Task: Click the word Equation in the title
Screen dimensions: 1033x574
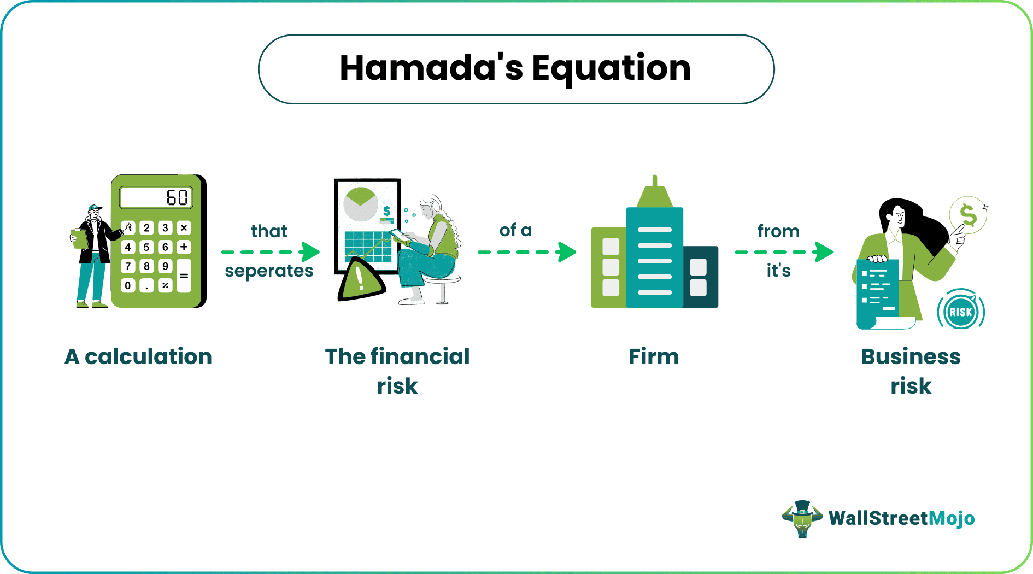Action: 611,68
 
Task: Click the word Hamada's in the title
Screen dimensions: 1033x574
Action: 431,68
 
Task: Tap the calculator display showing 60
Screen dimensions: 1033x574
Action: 156,197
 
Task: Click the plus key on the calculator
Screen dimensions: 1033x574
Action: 184,247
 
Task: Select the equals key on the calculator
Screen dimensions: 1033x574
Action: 184,276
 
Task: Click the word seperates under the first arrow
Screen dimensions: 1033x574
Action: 269,271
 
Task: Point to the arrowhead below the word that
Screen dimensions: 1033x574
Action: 310,252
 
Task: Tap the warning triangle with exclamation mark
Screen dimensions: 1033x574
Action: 360,280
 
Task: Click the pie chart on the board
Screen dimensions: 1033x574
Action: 360,204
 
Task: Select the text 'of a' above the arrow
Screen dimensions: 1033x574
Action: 515,230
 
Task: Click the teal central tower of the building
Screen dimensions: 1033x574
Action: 654,257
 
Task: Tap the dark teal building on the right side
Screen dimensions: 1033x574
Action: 700,277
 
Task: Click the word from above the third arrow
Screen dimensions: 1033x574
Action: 778,231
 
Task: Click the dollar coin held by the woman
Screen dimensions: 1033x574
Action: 967,215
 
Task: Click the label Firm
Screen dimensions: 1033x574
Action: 654,356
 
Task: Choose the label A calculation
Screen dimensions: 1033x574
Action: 138,356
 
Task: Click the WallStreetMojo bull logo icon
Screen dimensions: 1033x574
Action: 802,518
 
